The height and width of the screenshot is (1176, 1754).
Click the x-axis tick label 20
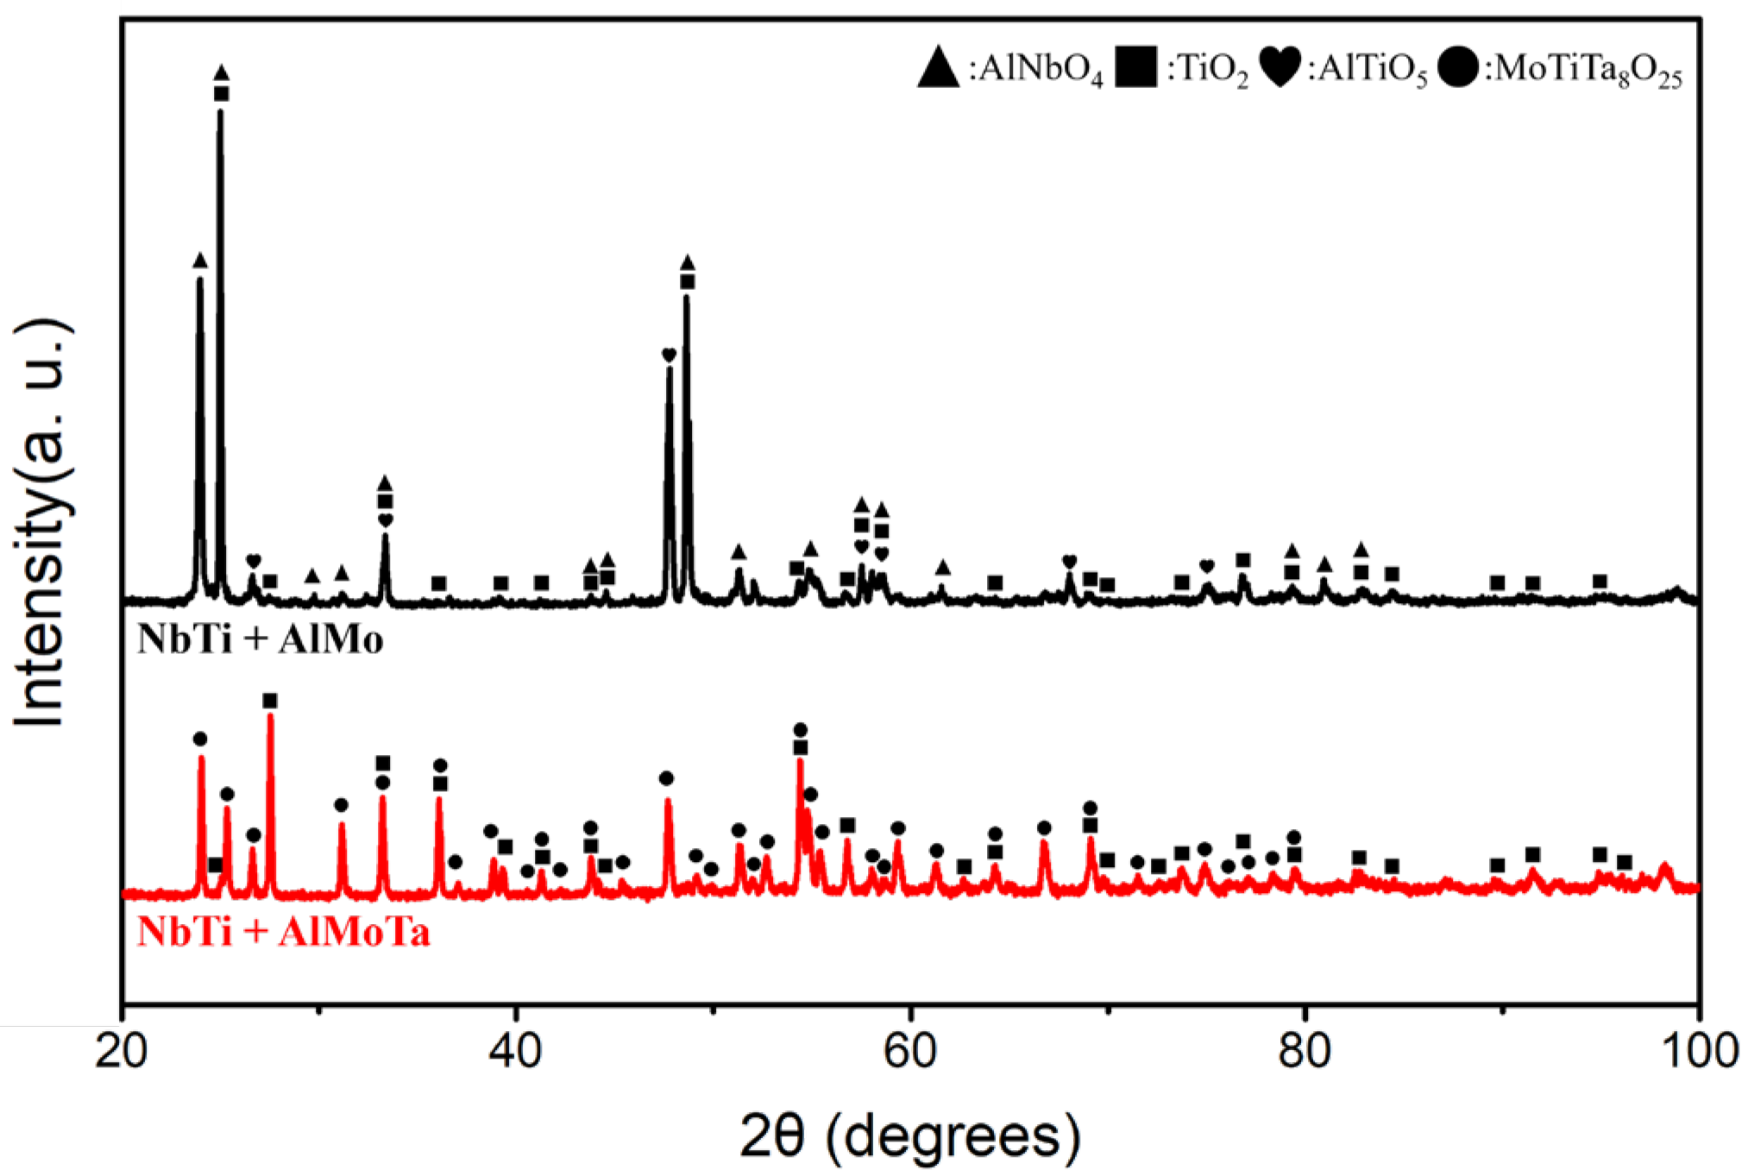pos(122,1052)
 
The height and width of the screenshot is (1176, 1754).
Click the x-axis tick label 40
pos(516,1052)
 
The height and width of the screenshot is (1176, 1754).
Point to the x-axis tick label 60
pos(910,1052)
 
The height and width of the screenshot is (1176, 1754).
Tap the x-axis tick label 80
pos(1304,1052)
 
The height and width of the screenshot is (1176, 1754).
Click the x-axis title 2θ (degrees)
pos(909,1136)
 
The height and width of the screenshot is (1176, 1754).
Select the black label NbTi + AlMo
pos(260,640)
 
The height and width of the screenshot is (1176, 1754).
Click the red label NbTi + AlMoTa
pos(283,933)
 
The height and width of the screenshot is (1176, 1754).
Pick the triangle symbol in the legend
pos(938,67)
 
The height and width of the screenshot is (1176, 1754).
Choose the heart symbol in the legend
pos(1280,67)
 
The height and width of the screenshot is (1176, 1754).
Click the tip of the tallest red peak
pos(270,716)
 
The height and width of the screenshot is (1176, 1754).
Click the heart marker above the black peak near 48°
pos(669,355)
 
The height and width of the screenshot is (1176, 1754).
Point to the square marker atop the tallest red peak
pos(270,701)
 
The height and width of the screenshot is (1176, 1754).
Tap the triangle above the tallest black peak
pos(221,72)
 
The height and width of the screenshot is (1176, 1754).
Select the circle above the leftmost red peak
pos(200,739)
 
